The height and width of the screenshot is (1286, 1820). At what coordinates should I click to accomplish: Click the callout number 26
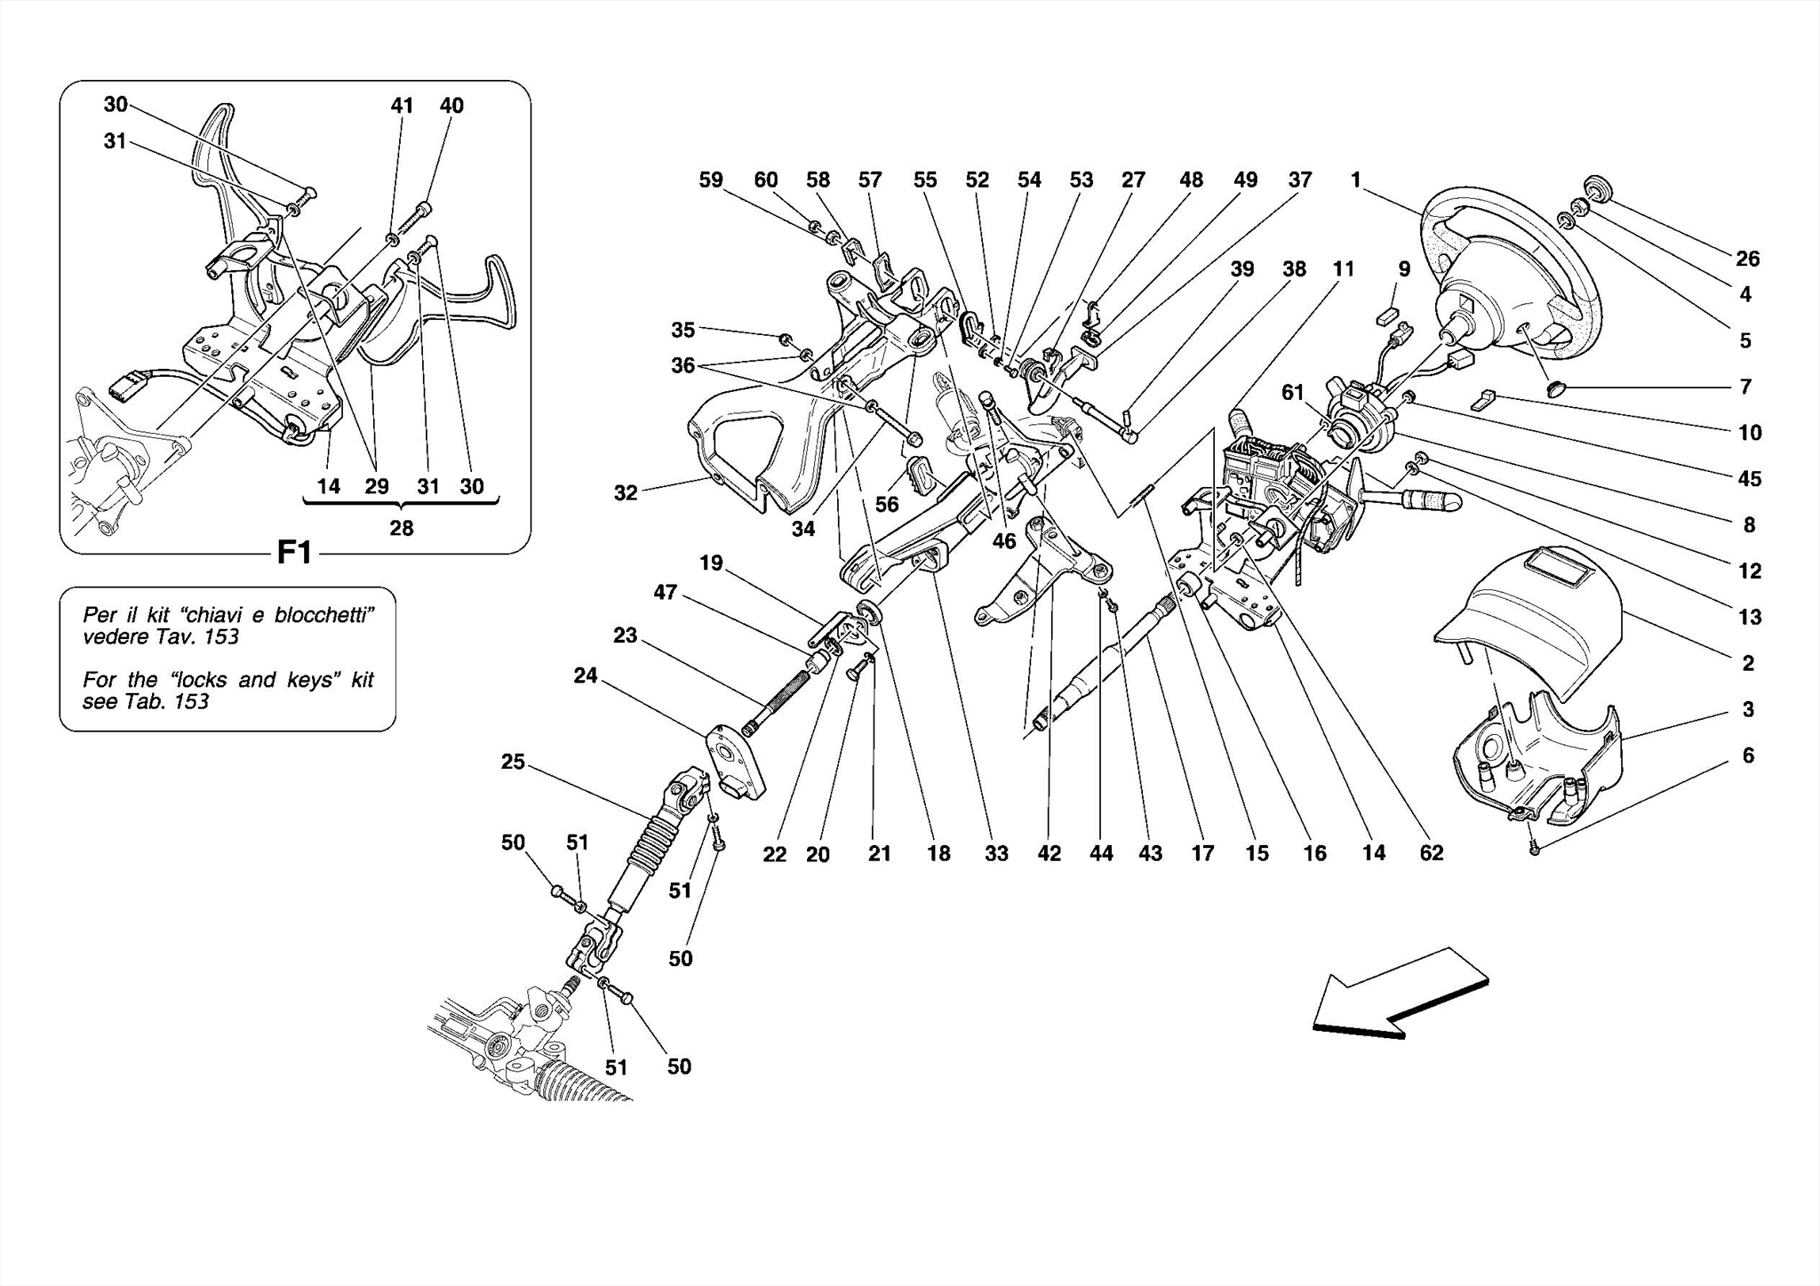point(1747,259)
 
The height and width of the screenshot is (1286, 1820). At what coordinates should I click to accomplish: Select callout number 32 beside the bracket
point(626,492)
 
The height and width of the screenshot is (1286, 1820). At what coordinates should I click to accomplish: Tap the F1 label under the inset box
point(294,553)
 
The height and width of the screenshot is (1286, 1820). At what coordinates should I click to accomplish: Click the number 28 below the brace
point(402,529)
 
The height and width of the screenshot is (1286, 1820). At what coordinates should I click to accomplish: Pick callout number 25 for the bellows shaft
point(513,763)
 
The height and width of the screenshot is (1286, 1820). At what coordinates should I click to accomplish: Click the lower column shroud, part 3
point(1537,764)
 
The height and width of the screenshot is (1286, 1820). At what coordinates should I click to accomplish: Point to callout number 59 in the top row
point(711,180)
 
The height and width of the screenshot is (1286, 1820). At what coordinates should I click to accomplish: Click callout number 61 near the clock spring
point(1292,392)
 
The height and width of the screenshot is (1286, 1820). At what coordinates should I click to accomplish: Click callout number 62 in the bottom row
point(1432,853)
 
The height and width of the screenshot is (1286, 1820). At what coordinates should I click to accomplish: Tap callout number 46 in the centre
point(1004,541)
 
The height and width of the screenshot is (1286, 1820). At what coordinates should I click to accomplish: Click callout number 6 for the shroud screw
point(1748,755)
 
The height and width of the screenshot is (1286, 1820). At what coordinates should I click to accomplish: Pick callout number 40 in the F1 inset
point(451,106)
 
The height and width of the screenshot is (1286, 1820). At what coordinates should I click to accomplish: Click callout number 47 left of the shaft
point(666,592)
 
